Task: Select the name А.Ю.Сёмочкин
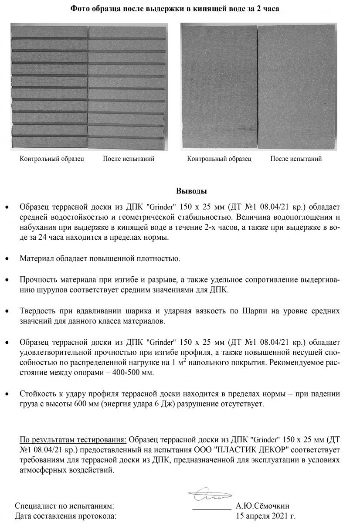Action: (x=262, y=506)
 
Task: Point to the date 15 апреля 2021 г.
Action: (x=265, y=516)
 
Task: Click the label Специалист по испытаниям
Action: (x=65, y=506)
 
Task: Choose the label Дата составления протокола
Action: (x=66, y=516)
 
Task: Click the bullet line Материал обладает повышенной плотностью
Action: (x=100, y=258)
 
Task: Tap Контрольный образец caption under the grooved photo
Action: (x=52, y=159)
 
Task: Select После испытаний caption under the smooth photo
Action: (x=296, y=159)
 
